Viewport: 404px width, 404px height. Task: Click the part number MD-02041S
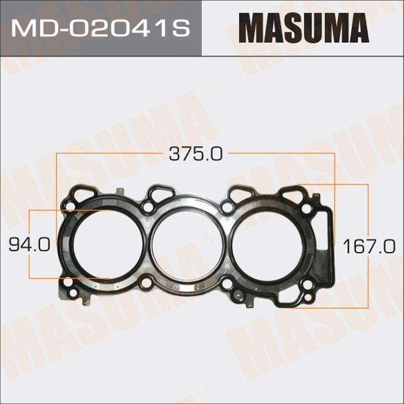(x=101, y=28)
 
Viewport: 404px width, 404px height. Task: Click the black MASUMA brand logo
(x=303, y=28)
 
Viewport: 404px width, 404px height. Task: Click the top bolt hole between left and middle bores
(x=147, y=207)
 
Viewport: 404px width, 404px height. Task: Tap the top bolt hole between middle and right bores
(x=227, y=207)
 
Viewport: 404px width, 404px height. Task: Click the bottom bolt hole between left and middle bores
(x=147, y=283)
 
